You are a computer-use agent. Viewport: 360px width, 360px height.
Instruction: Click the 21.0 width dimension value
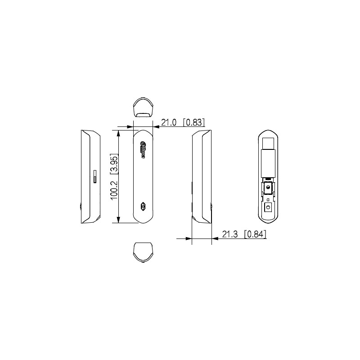coord(169,122)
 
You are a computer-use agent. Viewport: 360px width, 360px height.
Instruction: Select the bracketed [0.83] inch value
coord(194,122)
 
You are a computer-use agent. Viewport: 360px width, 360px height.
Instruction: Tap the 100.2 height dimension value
coord(114,190)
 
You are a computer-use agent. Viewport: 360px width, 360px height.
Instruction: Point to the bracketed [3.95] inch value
coord(114,164)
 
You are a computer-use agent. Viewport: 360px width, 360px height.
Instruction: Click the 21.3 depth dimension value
coord(230,234)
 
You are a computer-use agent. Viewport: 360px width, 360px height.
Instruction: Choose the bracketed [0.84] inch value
coord(256,234)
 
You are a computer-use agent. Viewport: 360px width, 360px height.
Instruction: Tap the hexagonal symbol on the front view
coord(143,206)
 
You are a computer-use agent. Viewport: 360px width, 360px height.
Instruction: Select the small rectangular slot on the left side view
coord(95,176)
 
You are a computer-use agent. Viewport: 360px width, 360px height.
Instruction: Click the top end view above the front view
coord(143,108)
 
